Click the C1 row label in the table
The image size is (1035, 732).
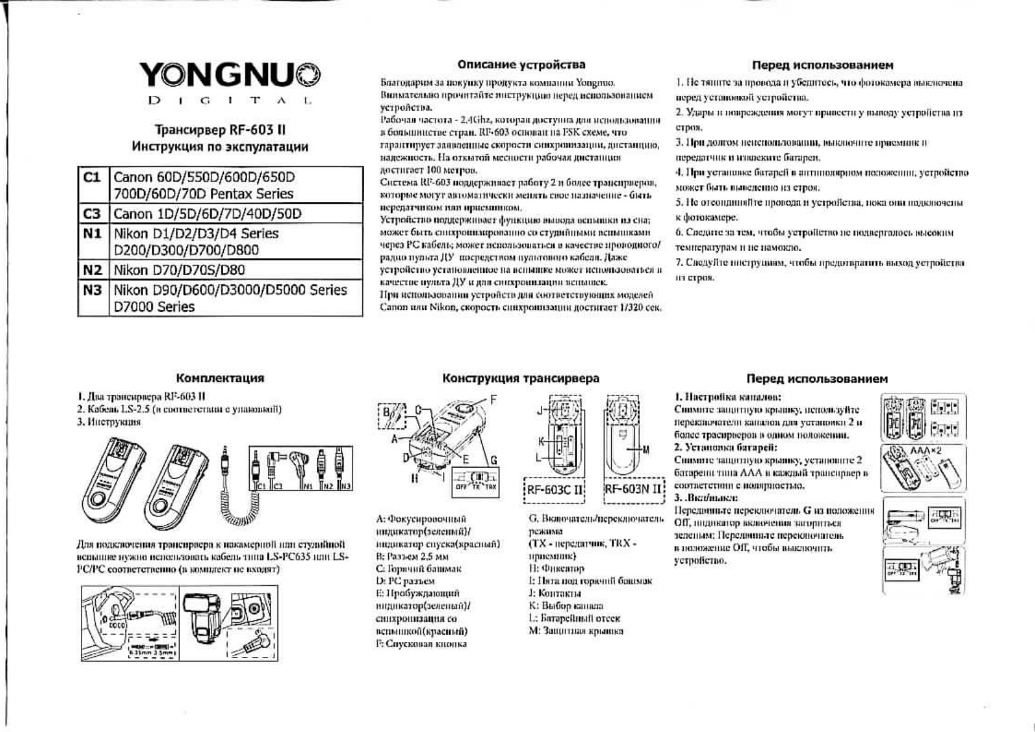point(93,177)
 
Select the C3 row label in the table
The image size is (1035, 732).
point(93,214)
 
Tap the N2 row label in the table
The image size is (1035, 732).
point(93,269)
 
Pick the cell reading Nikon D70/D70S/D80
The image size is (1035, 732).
point(179,270)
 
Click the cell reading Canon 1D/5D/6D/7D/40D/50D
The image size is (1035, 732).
point(207,214)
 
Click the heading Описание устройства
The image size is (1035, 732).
point(521,65)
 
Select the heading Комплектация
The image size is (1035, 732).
point(220,378)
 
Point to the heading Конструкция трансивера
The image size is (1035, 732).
point(521,378)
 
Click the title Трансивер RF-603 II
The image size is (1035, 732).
point(220,129)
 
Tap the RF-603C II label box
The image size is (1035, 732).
point(554,489)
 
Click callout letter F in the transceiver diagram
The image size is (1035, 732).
point(494,399)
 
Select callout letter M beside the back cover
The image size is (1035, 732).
point(647,449)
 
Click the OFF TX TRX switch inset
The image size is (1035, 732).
point(475,482)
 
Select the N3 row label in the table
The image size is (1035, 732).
point(93,290)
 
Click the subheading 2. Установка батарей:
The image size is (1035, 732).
point(725,447)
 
